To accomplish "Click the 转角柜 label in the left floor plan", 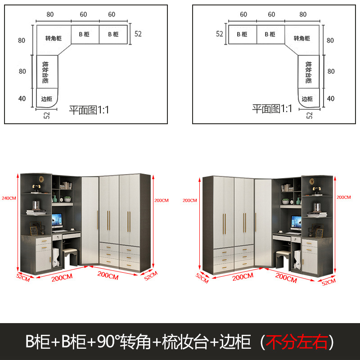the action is (x=54, y=38).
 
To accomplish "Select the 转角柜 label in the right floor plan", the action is (x=301, y=38).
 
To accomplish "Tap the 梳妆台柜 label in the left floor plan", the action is (x=45, y=72).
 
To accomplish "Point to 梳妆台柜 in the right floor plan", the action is (x=308, y=72).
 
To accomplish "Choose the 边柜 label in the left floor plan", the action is (x=46, y=99).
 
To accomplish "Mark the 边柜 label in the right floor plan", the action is (x=307, y=99).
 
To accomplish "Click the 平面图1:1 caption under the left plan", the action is (x=89, y=109).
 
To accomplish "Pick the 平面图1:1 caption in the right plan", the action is (x=272, y=108).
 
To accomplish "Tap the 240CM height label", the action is (x=9, y=198).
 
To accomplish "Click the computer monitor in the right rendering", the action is (x=296, y=222).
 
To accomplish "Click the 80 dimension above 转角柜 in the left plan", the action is (x=49, y=14).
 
